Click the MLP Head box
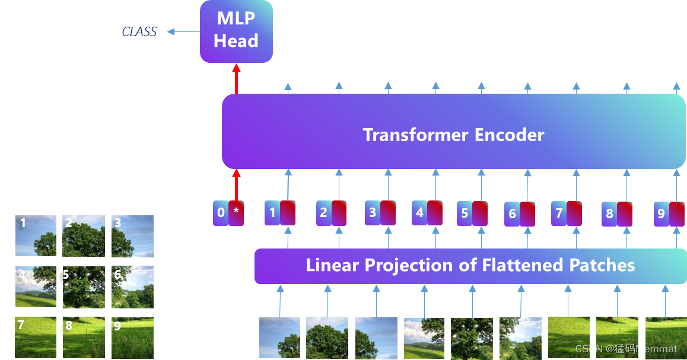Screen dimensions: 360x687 click(236, 31)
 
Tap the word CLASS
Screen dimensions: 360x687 click(139, 32)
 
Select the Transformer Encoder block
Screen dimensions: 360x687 click(453, 132)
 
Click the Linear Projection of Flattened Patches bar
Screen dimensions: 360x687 click(470, 266)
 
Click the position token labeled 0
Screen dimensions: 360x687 click(221, 213)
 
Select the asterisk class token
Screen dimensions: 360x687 click(236, 213)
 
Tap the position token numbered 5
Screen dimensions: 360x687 click(465, 214)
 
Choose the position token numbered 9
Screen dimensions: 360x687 click(661, 214)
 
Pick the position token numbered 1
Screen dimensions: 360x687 click(272, 213)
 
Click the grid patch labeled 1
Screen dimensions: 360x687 click(36, 235)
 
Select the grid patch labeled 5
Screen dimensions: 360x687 click(84, 287)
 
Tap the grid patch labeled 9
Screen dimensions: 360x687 click(132, 337)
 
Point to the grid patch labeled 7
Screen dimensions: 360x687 click(36, 337)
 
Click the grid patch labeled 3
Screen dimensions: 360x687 click(132, 235)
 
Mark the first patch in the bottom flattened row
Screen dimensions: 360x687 click(280, 338)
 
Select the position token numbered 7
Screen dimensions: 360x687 click(559, 213)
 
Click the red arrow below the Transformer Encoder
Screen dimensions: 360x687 click(236, 185)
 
